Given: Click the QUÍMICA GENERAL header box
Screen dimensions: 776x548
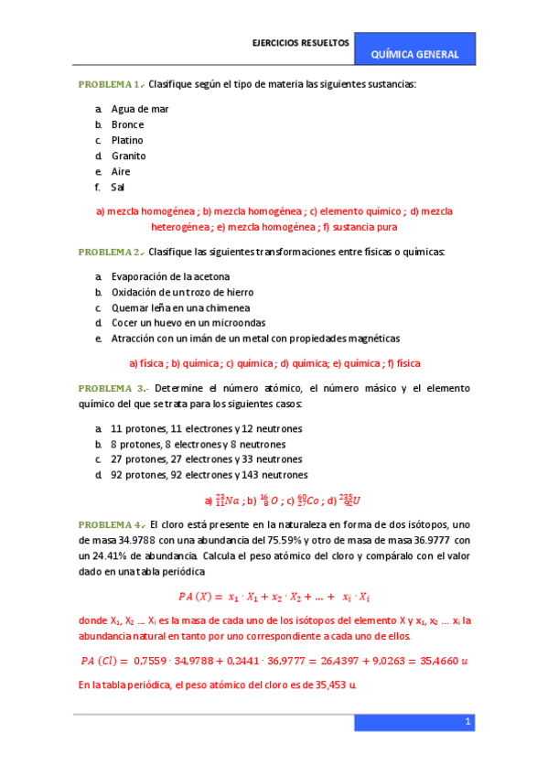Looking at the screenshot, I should click(414, 54).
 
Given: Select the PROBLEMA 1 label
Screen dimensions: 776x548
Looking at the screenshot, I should click(109, 84).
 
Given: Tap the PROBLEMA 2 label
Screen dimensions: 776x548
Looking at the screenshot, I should click(109, 252).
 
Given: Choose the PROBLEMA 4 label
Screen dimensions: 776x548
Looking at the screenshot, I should click(109, 524).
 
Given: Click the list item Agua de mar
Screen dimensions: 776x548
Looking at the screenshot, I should click(140, 109).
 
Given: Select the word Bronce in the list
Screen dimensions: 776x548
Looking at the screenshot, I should click(127, 124).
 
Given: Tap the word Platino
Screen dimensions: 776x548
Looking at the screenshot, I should click(127, 140).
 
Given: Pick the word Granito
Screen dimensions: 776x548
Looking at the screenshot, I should click(128, 156).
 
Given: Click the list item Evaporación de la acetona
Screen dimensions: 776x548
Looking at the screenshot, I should click(170, 276).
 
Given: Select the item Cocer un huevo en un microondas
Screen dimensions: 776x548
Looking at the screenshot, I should click(188, 323).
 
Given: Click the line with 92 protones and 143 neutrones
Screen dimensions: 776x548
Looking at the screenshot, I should click(210, 475).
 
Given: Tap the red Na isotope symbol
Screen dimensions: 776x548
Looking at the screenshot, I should click(226, 501).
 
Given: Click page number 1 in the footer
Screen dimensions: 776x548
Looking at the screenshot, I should click(467, 723).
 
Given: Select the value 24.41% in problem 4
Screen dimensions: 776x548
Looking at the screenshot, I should click(111, 555).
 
